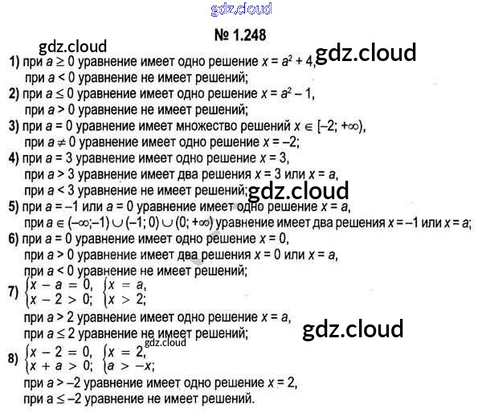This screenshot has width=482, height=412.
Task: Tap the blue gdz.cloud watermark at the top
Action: [240, 10]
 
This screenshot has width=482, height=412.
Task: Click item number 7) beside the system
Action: [13, 292]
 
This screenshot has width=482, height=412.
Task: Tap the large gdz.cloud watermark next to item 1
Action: [366, 54]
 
